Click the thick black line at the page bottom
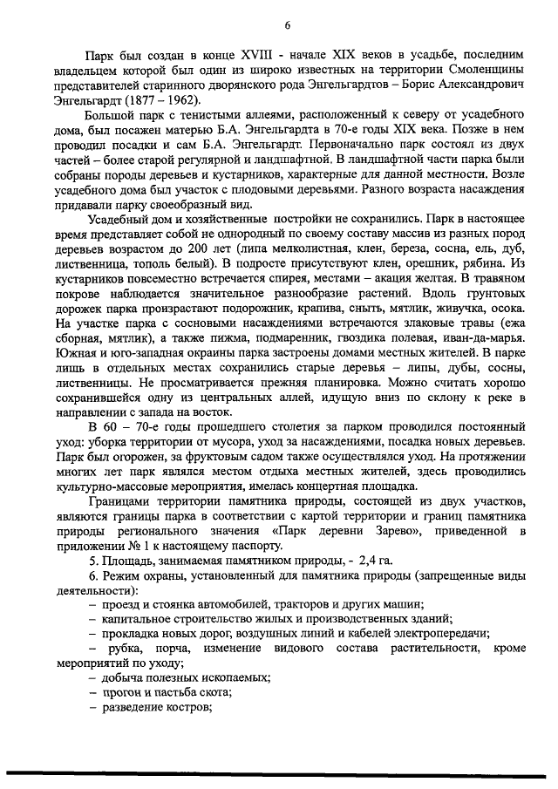[279, 772]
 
